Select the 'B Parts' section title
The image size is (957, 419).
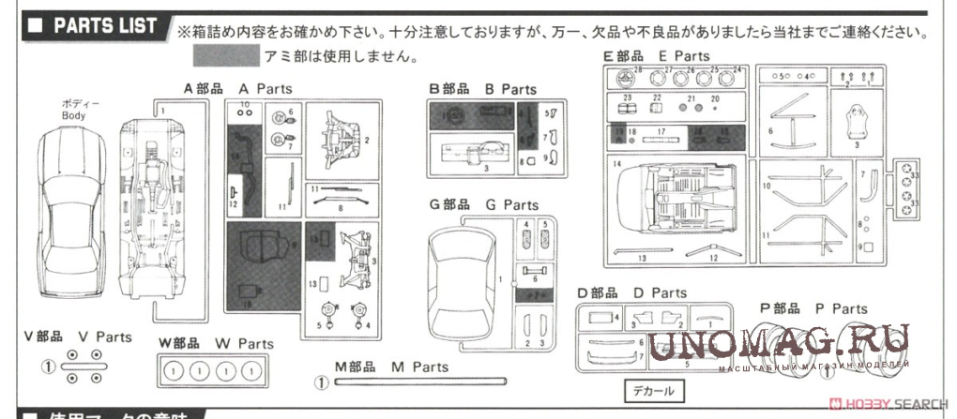point(482,88)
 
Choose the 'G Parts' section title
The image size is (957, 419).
point(482,204)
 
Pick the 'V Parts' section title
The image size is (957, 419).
point(78,337)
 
